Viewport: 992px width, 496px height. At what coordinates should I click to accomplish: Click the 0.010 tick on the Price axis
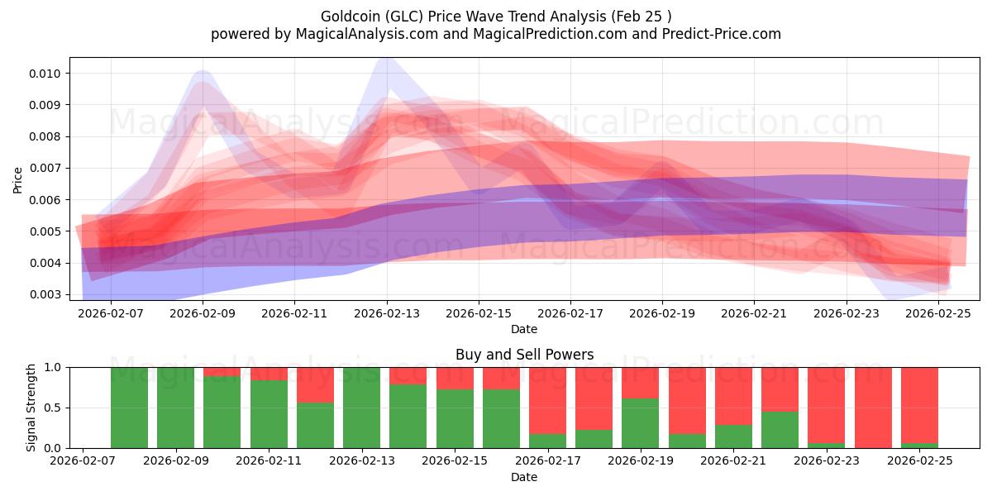47,74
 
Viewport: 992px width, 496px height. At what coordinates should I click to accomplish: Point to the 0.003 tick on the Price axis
47,294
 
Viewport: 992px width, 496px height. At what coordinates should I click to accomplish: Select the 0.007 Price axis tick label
47,169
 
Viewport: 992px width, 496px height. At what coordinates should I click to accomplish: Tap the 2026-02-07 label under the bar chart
83,461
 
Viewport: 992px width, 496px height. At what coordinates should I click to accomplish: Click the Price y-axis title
18,179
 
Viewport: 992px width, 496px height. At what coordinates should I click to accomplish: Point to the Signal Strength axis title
31,408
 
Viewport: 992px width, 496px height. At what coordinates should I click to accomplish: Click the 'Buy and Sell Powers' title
524,355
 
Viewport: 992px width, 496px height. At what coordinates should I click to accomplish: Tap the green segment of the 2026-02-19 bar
640,423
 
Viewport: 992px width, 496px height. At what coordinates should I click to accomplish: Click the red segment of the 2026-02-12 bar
315,384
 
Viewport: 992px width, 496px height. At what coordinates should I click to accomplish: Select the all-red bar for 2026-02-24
873,408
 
